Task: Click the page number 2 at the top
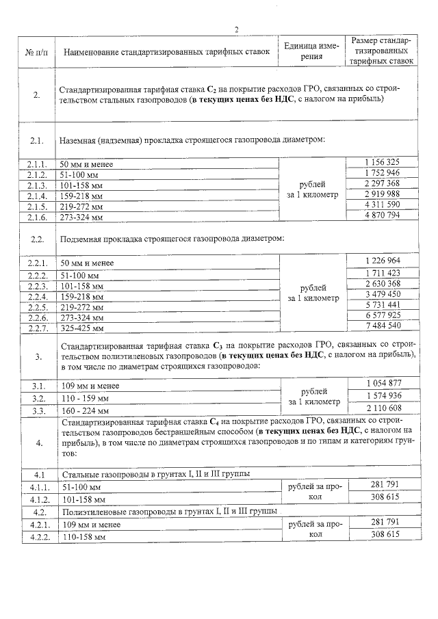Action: [236, 29]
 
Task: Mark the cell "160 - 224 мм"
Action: [85, 411]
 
